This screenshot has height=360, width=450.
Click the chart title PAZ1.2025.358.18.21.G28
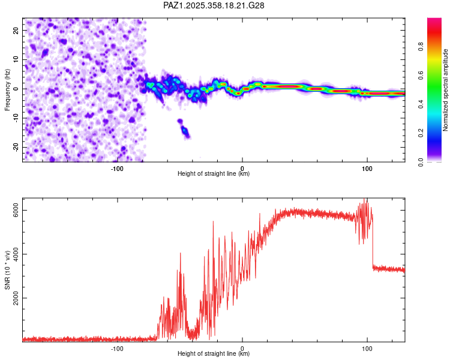click(x=214, y=5)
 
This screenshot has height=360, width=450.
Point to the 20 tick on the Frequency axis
click(x=16, y=30)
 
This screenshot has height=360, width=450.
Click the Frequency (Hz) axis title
click(x=7, y=89)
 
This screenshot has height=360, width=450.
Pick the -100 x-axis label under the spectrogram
click(x=117, y=168)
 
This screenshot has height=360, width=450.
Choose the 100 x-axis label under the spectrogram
click(x=367, y=168)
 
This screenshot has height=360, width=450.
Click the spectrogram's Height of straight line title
click(x=214, y=174)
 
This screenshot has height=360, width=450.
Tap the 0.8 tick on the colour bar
click(x=439, y=46)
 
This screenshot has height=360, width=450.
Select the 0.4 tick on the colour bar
click(x=439, y=104)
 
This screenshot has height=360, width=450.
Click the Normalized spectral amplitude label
click(x=446, y=90)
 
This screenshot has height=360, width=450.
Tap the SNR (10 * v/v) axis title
click(x=7, y=269)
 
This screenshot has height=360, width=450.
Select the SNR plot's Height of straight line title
click(x=214, y=353)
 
